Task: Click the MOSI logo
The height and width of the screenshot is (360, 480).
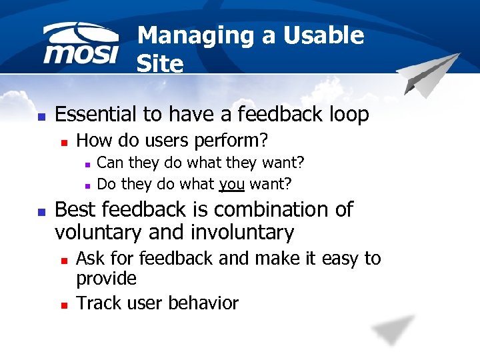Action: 81,45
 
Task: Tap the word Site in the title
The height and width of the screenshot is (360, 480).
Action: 159,64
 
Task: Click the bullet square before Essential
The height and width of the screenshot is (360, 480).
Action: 41,116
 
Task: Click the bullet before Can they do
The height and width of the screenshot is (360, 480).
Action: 87,163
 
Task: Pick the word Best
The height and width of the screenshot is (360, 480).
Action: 76,209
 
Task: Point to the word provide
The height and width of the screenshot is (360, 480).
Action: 107,279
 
